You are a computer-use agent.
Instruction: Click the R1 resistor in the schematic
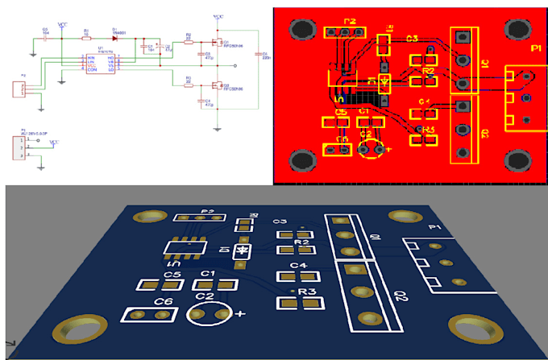click(x=86, y=37)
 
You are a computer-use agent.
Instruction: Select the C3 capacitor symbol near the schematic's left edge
click(x=44, y=37)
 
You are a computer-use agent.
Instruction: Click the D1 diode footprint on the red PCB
click(x=385, y=81)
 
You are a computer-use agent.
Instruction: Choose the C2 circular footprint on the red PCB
click(x=372, y=148)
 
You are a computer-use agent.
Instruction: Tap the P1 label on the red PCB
click(x=535, y=49)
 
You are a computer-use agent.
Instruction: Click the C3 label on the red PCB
click(x=412, y=38)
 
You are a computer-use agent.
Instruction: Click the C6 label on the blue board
click(x=164, y=301)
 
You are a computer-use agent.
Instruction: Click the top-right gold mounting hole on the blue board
click(x=402, y=218)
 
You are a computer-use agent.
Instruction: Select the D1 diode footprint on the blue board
click(x=241, y=251)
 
